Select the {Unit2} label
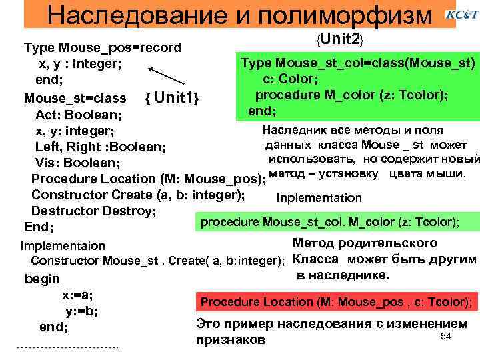click(340, 40)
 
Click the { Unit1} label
click(173, 99)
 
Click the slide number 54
click(447, 336)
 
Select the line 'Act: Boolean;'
click(73, 115)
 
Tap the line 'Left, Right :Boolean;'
click(101, 147)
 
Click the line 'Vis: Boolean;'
click(77, 163)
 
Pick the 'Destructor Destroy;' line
click(94, 211)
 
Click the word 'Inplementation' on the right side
click(319, 198)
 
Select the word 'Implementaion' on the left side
click(63, 246)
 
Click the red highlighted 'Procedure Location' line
click(337, 302)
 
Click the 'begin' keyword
click(42, 279)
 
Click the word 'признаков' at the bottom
click(231, 339)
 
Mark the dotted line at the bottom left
click(67, 345)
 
